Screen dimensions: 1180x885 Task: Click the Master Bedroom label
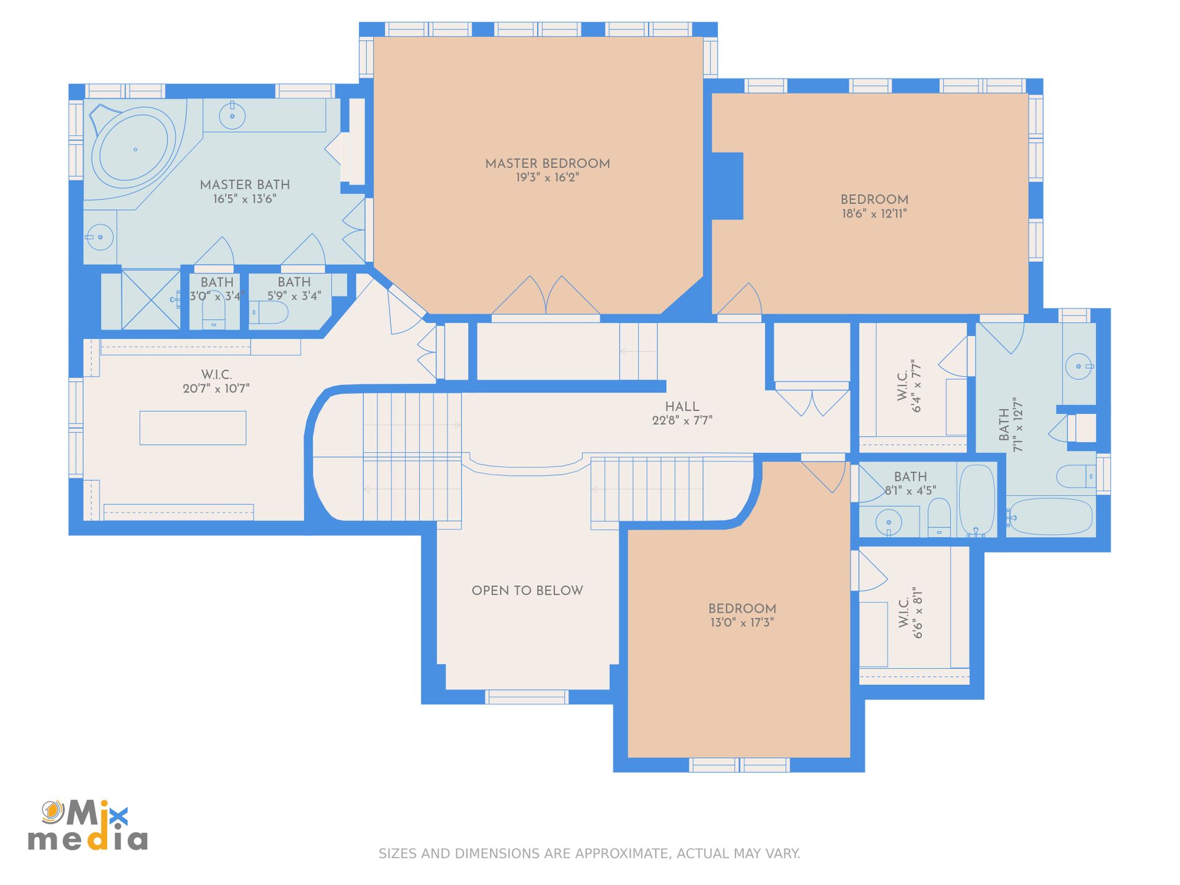click(x=547, y=163)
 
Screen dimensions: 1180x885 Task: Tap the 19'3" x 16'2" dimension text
click(x=547, y=178)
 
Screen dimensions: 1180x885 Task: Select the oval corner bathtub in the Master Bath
click(x=133, y=148)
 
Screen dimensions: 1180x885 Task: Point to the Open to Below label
click(x=527, y=591)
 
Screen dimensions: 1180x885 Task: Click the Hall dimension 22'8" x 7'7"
click(x=682, y=420)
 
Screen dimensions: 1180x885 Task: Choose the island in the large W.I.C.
click(x=193, y=428)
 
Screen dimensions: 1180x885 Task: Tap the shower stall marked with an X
click(x=151, y=299)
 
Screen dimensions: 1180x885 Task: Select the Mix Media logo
click(x=88, y=825)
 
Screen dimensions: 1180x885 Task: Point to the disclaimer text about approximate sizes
click(x=589, y=854)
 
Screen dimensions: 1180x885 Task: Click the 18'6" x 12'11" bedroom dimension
click(x=874, y=214)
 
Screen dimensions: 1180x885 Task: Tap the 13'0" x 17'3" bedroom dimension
click(x=742, y=623)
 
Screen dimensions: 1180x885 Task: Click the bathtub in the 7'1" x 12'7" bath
click(x=1050, y=516)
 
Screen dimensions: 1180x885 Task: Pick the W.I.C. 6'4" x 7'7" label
click(x=910, y=385)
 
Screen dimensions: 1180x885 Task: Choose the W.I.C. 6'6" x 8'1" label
click(x=911, y=613)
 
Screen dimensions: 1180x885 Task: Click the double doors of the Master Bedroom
click(x=546, y=296)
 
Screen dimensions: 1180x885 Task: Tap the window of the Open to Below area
click(x=526, y=697)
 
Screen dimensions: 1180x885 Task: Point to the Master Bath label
click(x=245, y=184)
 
